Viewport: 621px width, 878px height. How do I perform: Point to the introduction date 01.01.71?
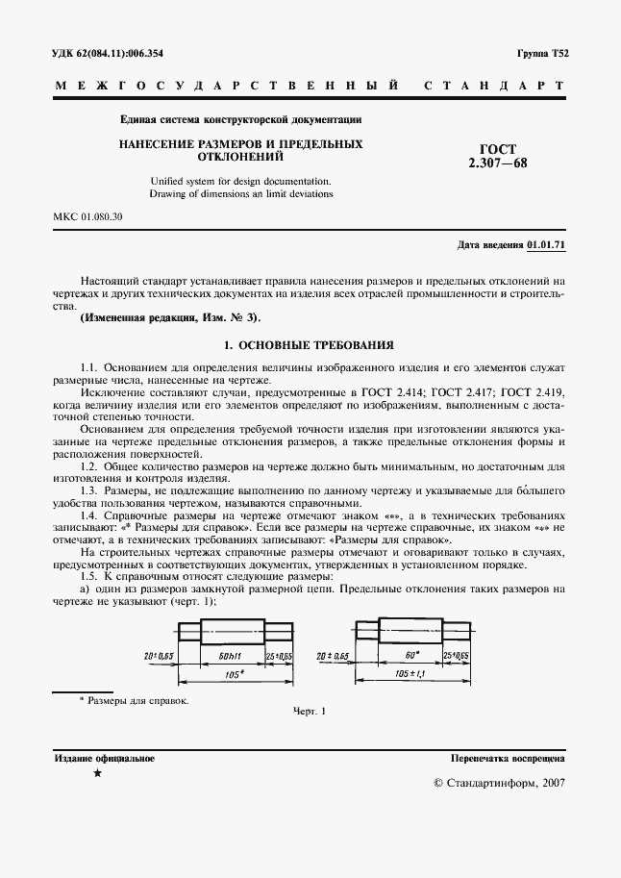(x=547, y=245)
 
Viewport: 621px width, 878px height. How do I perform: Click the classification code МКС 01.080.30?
(x=87, y=217)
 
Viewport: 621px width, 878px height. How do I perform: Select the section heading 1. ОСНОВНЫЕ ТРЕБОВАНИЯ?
(x=309, y=344)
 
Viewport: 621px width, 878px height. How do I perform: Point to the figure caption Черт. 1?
(x=310, y=712)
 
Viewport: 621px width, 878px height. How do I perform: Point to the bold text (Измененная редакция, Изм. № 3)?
(x=171, y=317)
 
